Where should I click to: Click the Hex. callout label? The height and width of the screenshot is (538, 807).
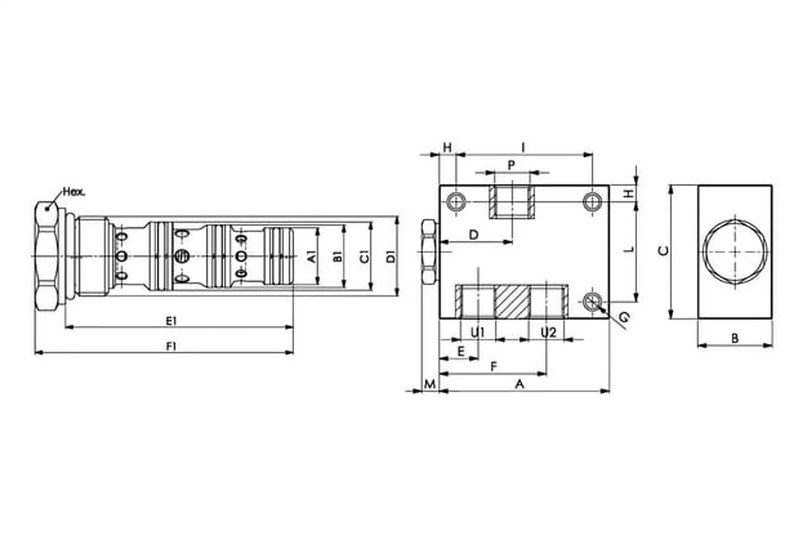click(74, 192)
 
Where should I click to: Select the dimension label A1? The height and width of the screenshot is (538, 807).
click(311, 256)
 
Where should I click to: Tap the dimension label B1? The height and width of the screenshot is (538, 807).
click(338, 256)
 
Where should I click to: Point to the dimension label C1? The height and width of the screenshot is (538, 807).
click(364, 256)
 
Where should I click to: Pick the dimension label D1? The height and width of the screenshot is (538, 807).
click(391, 256)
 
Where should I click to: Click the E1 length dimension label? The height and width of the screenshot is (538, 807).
click(171, 321)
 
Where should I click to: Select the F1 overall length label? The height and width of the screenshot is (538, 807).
click(171, 347)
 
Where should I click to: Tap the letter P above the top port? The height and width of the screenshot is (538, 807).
click(512, 165)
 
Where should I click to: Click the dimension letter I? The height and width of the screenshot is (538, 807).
click(523, 148)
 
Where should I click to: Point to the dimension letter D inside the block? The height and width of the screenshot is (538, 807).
click(474, 235)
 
